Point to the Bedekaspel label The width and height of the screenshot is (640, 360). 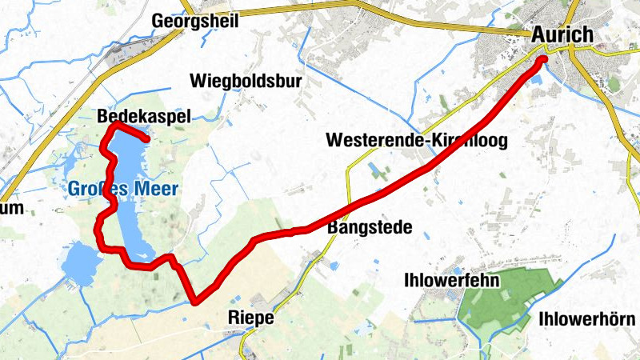click(x=144, y=117)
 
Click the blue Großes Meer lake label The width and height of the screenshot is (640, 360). click(x=122, y=189)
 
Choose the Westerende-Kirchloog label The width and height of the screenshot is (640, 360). click(x=417, y=141)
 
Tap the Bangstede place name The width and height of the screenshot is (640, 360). click(x=370, y=228)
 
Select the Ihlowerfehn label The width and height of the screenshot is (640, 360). click(x=452, y=281)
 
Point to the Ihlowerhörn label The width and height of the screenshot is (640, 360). click(x=588, y=318)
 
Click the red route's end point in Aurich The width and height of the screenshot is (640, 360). click(x=542, y=59)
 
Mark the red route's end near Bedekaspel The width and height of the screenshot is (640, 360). click(x=147, y=141)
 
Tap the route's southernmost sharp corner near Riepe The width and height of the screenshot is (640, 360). click(x=194, y=302)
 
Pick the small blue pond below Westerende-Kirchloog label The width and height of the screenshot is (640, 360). click(x=375, y=170)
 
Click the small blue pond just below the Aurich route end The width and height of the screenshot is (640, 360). click(x=534, y=78)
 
